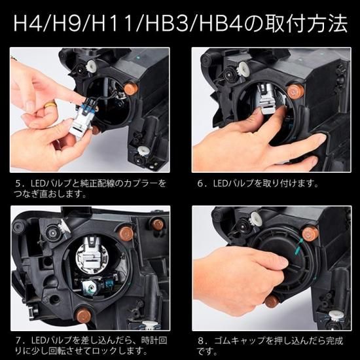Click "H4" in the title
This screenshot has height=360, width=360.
[26, 26]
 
